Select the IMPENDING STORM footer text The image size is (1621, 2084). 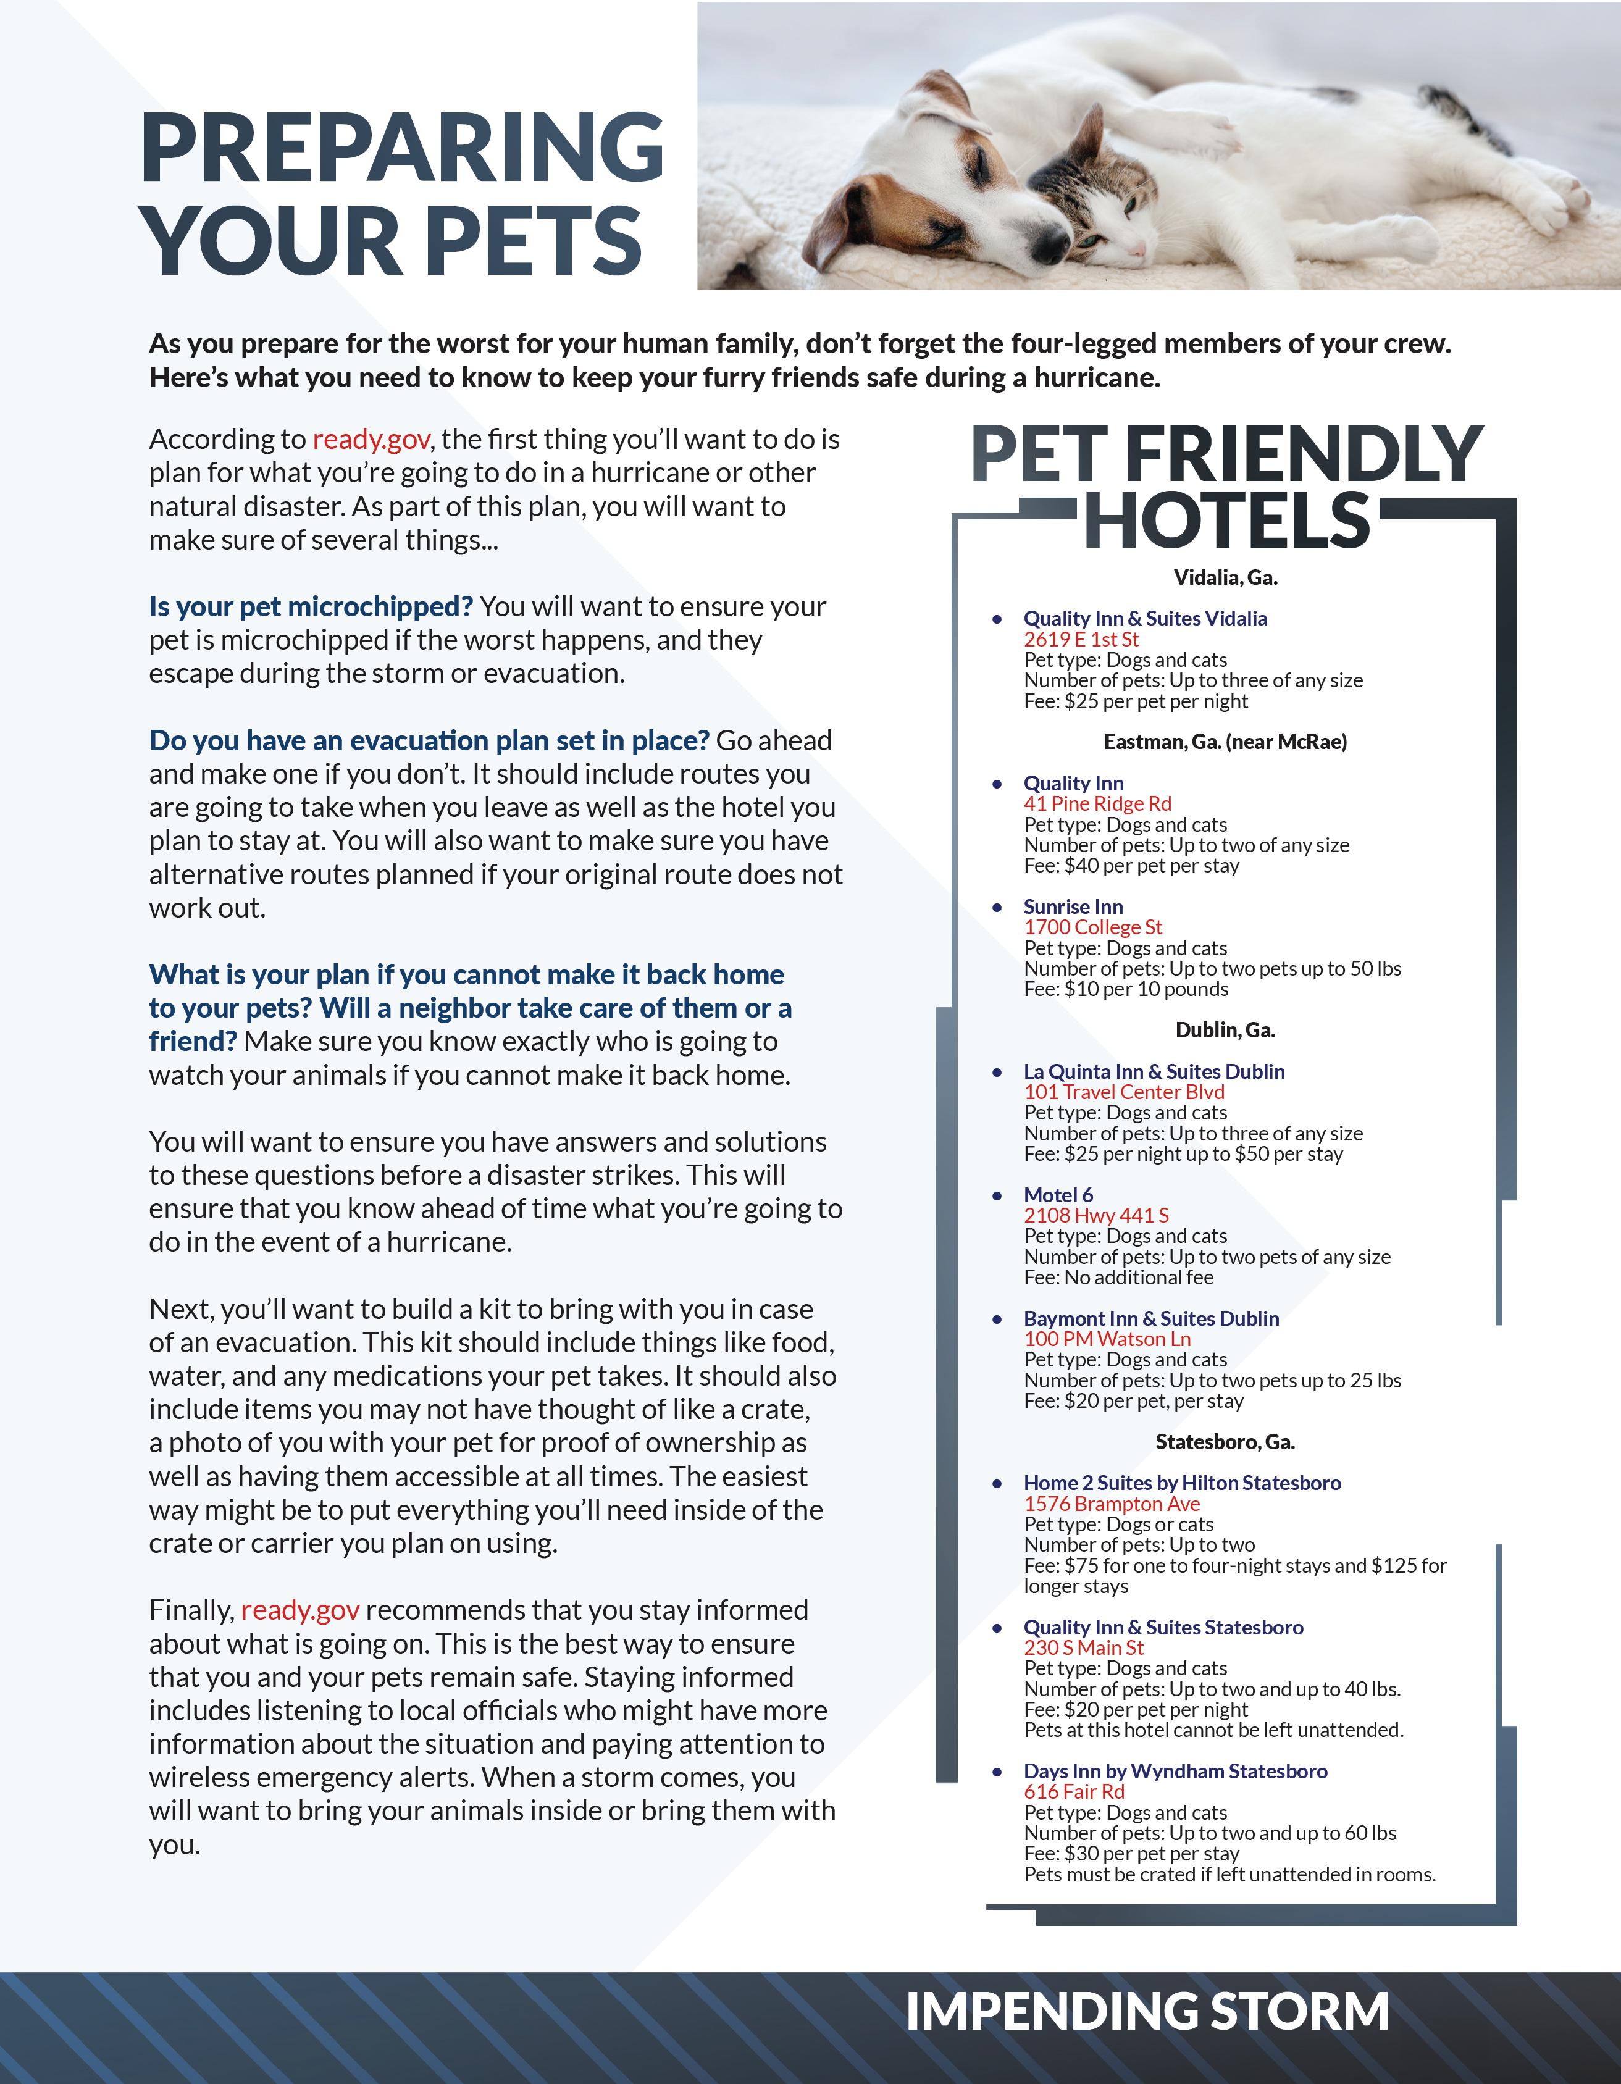(1146, 2012)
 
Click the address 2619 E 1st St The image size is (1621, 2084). (1081, 639)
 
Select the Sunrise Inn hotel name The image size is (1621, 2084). (1073, 906)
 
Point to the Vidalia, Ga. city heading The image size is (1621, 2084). (1225, 577)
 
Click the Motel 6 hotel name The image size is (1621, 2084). (1058, 1195)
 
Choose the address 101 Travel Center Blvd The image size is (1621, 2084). (1124, 1092)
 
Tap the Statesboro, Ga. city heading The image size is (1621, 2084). (1225, 1442)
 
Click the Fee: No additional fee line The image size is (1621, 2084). (1118, 1278)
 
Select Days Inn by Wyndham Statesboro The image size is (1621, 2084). (1175, 1771)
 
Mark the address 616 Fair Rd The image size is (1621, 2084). (1074, 1792)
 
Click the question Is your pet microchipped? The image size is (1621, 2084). (311, 607)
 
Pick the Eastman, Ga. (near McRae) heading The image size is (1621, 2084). (1225, 742)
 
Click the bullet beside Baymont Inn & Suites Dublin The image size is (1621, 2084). (997, 1320)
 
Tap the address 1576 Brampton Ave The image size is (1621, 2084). (1112, 1504)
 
